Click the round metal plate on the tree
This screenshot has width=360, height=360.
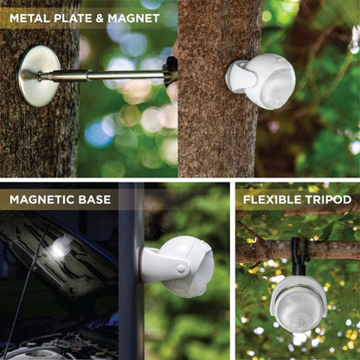tap(38, 76)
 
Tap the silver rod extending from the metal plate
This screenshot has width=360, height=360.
tap(112, 74)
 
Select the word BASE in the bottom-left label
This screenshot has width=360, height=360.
tap(95, 200)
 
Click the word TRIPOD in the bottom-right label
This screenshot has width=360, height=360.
tap(328, 200)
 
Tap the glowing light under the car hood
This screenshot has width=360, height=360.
tap(60, 247)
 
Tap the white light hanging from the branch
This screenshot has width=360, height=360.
tap(298, 303)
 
